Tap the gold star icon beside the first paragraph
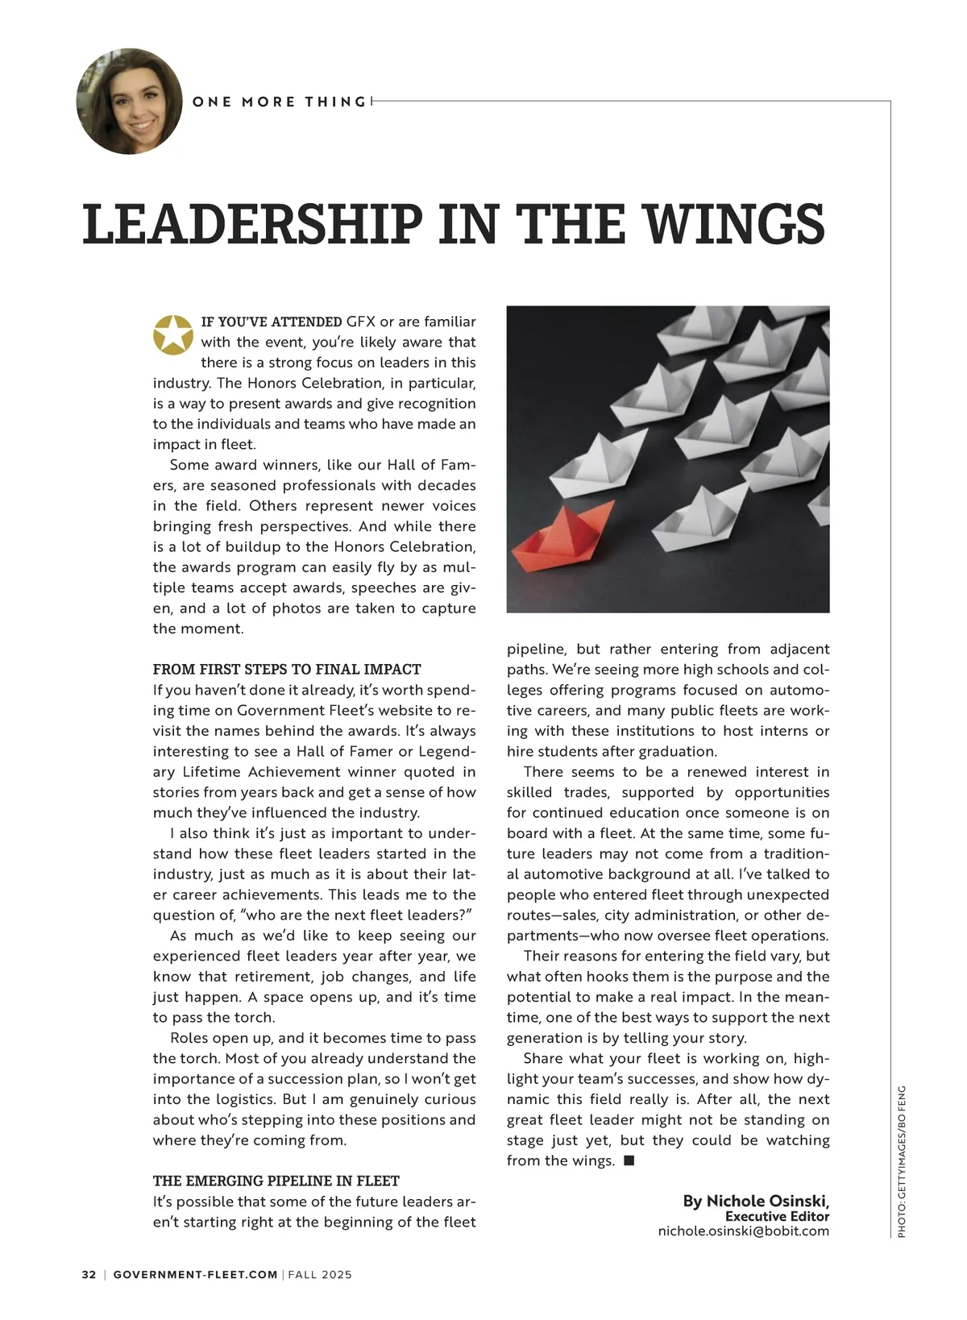[x=174, y=334]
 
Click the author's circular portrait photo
[x=130, y=102]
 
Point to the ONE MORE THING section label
[x=279, y=102]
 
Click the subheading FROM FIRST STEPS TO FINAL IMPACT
[x=287, y=669]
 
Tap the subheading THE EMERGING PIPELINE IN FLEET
[x=276, y=1181]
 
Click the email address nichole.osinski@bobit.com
[x=743, y=1231]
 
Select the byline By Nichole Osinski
[x=756, y=1201]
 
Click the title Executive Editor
[x=777, y=1216]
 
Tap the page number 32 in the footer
[x=89, y=1275]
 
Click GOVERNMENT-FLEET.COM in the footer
[x=195, y=1275]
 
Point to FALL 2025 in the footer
[x=320, y=1275]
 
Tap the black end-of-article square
[x=629, y=1160]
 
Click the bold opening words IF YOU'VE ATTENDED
[x=271, y=322]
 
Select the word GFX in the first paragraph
[x=361, y=322]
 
